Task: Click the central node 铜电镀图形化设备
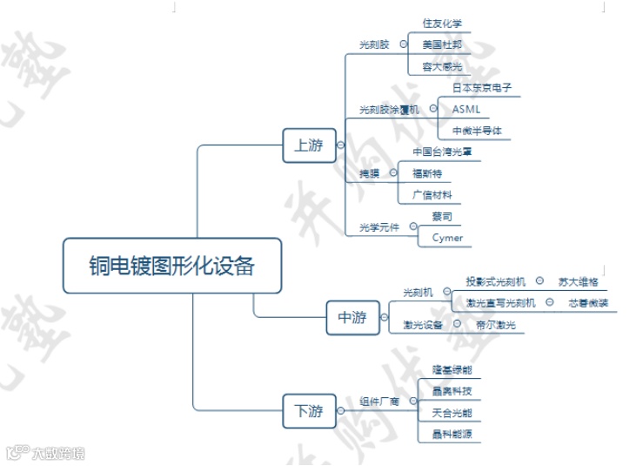point(172,266)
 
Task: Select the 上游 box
point(309,145)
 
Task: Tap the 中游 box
point(352,318)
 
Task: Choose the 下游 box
point(309,410)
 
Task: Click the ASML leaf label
point(466,109)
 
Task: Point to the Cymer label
point(447,238)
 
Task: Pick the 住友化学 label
point(442,23)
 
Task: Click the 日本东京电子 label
point(481,88)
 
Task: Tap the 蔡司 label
point(441,216)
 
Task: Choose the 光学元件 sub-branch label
point(379,227)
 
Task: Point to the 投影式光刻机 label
point(496,281)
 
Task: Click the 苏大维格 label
point(575,281)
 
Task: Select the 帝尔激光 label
point(496,325)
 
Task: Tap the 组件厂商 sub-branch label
point(379,402)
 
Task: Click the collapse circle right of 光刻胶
point(403,43)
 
